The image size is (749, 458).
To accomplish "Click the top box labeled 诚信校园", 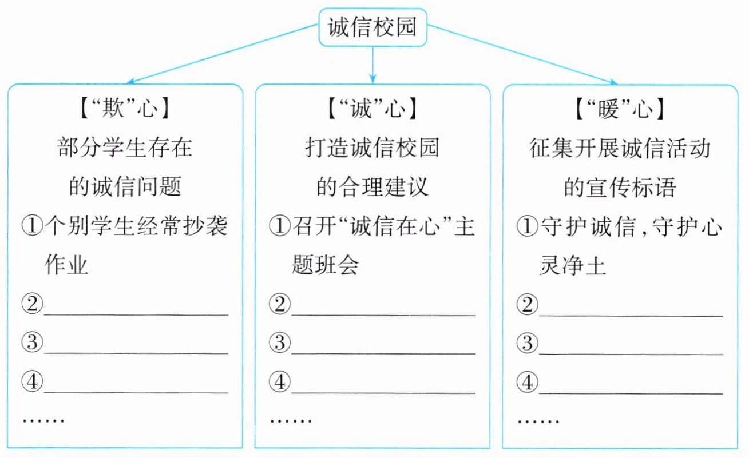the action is pyautogui.click(x=372, y=27).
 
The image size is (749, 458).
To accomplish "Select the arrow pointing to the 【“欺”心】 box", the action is pyautogui.click(x=223, y=54).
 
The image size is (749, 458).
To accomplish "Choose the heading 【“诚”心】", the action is pyautogui.click(x=372, y=109).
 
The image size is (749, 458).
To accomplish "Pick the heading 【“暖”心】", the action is pyautogui.click(x=620, y=109).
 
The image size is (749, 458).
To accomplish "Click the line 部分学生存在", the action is pyautogui.click(x=125, y=149).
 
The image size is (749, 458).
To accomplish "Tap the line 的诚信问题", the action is pyautogui.click(x=125, y=187).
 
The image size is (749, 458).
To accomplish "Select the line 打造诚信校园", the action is pyautogui.click(x=372, y=149).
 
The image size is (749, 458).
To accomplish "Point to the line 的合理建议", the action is pyautogui.click(x=372, y=187).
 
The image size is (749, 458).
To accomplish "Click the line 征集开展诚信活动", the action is pyautogui.click(x=620, y=149).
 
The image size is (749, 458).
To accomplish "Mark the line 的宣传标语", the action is pyautogui.click(x=620, y=187).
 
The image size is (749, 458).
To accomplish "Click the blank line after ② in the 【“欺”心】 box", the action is pyautogui.click(x=136, y=309).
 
